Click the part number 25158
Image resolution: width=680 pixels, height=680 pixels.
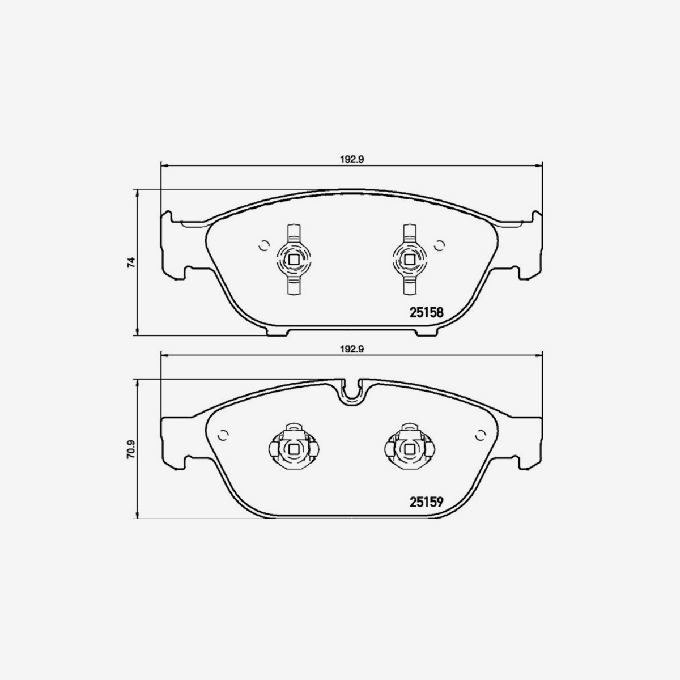(426, 312)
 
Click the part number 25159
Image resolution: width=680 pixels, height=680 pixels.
(426, 501)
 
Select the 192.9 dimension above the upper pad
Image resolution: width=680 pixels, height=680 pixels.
(351, 160)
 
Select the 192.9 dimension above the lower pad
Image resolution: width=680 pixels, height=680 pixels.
(351, 350)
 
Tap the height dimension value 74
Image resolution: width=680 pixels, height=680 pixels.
(130, 262)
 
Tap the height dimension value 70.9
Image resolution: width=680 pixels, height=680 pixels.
(130, 449)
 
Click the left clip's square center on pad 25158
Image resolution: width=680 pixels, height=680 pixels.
(294, 260)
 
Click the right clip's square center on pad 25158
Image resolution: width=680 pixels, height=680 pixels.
(409, 260)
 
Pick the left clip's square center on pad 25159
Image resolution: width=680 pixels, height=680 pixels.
(294, 449)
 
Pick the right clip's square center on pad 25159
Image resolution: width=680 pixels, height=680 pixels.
(409, 449)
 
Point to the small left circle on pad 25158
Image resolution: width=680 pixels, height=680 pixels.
(262, 245)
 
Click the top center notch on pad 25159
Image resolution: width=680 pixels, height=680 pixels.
(352, 391)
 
